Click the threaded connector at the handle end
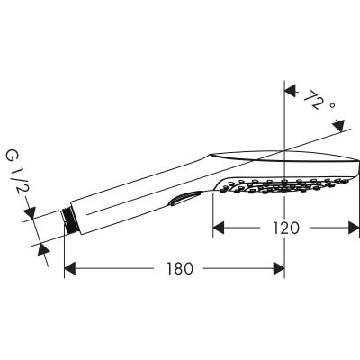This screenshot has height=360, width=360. click(x=70, y=221)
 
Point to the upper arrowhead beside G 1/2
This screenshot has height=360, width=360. click(x=31, y=214)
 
